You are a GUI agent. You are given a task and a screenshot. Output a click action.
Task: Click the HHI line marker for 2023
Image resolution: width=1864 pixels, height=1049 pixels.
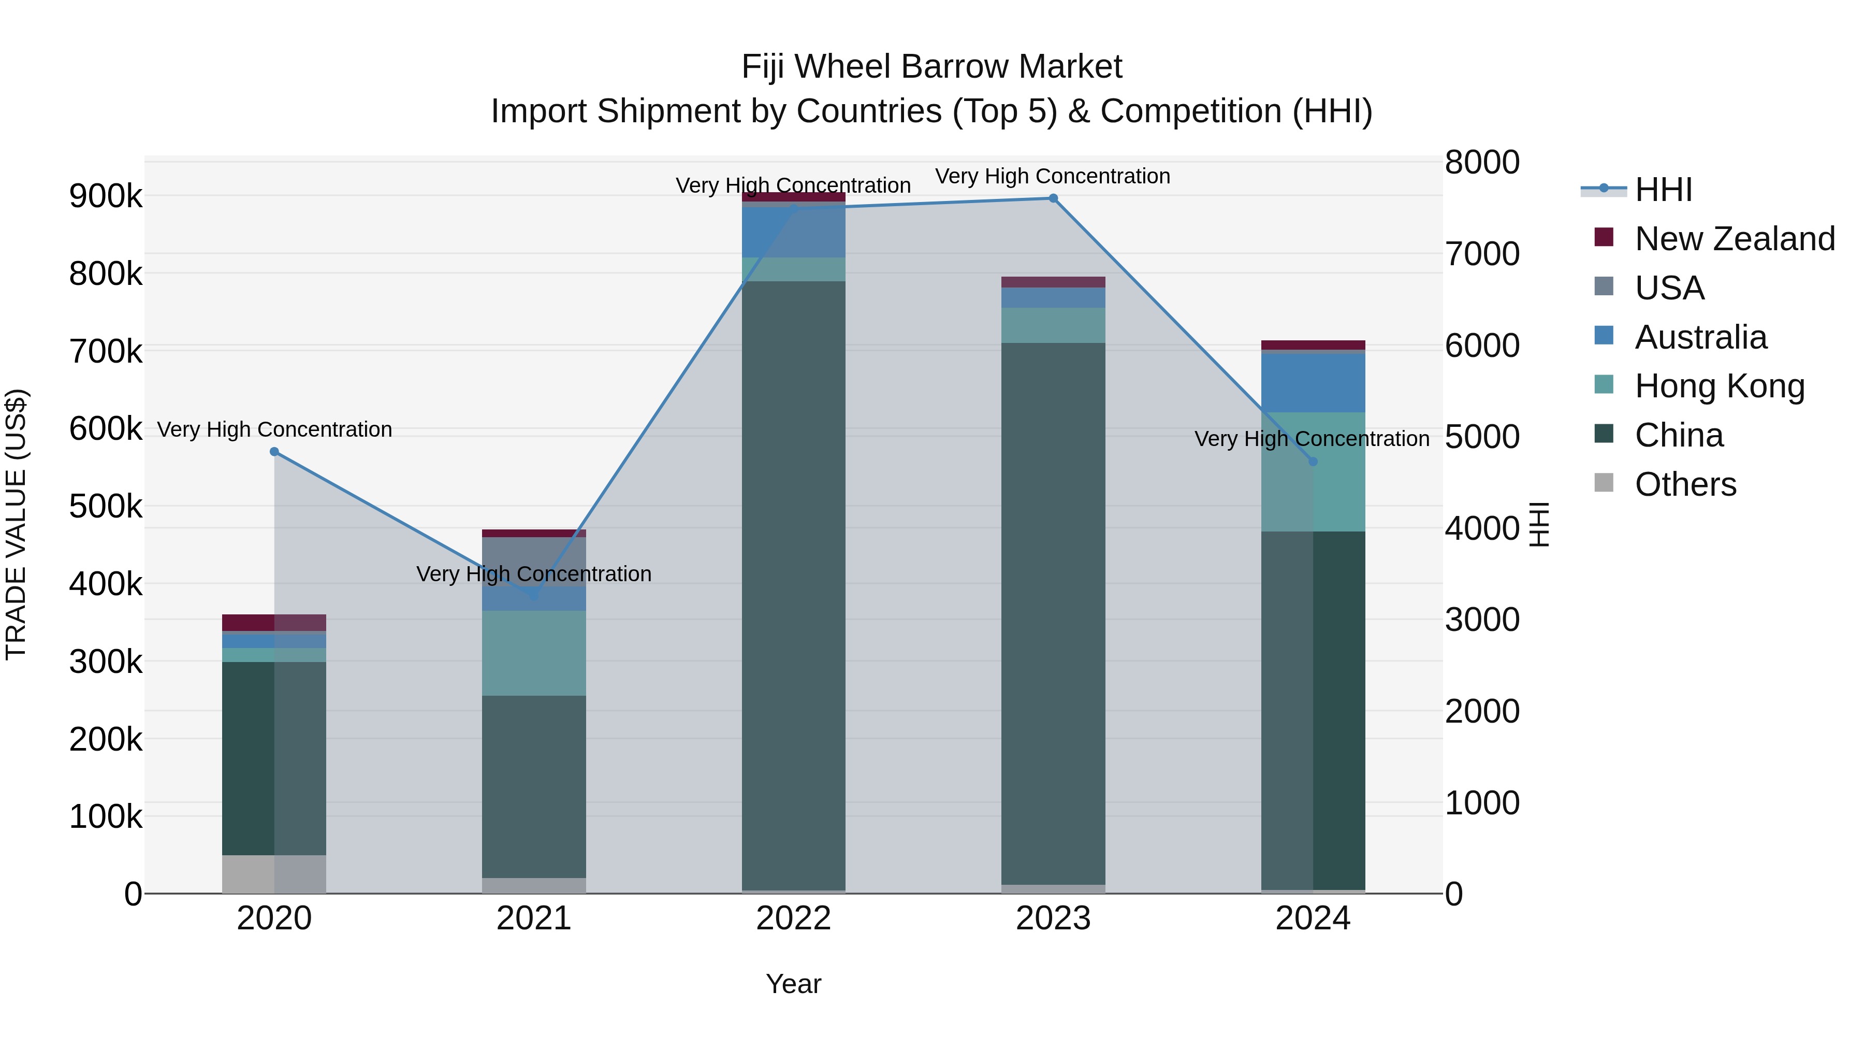pyautogui.click(x=1053, y=198)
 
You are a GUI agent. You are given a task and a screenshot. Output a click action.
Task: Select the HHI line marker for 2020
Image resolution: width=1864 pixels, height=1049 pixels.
pyautogui.click(x=274, y=452)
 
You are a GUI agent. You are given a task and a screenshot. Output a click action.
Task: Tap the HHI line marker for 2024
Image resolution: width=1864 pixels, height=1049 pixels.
pyautogui.click(x=1313, y=461)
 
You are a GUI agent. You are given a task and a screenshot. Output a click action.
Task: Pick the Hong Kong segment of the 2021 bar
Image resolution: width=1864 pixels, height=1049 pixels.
pyautogui.click(x=534, y=653)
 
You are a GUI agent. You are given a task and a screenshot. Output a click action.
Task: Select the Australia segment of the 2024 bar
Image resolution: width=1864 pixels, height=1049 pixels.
pyautogui.click(x=1313, y=383)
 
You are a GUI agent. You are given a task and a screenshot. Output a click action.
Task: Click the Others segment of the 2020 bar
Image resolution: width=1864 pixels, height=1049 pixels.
pyautogui.click(x=274, y=874)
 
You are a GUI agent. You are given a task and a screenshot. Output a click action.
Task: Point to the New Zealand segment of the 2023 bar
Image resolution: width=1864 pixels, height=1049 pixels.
pyautogui.click(x=1053, y=282)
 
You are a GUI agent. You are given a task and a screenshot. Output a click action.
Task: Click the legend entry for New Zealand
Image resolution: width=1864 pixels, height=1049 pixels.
pyautogui.click(x=1734, y=239)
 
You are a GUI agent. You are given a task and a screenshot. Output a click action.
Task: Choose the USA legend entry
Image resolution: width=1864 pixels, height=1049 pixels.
pyautogui.click(x=1669, y=288)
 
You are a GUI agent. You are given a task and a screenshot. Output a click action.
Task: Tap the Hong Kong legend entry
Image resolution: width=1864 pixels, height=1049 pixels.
pyautogui.click(x=1719, y=386)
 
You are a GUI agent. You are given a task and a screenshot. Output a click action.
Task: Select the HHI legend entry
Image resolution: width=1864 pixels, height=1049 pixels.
pyautogui.click(x=1663, y=190)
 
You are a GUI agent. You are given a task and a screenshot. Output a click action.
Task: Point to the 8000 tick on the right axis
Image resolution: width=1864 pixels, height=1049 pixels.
pyautogui.click(x=1482, y=162)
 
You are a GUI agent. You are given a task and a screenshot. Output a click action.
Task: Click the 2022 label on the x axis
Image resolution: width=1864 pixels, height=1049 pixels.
pyautogui.click(x=793, y=918)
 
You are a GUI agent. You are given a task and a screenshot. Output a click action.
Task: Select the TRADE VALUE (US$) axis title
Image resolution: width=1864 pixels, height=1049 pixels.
pyautogui.click(x=17, y=524)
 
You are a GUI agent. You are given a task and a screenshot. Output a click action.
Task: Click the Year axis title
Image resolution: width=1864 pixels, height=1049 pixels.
pyautogui.click(x=793, y=984)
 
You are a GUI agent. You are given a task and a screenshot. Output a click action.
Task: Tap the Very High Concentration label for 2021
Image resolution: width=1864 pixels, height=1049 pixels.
pyautogui.click(x=534, y=574)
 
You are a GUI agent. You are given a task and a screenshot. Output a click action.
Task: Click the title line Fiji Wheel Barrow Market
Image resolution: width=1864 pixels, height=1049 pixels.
pyautogui.click(x=931, y=67)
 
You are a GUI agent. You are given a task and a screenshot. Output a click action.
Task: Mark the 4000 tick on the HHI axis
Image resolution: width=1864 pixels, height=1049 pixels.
pyautogui.click(x=1482, y=528)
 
